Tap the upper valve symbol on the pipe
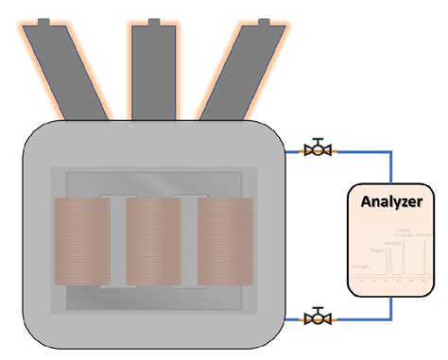click(319, 148)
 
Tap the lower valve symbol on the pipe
click(319, 316)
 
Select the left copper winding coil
click(82, 242)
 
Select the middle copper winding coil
click(153, 242)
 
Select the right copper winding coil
click(225, 242)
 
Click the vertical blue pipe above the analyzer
click(390, 165)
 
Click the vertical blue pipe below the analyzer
click(390, 307)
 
